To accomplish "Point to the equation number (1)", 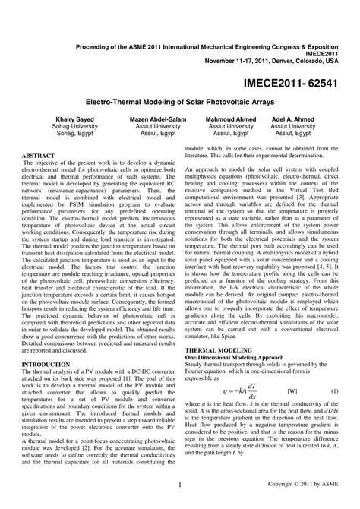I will click(334, 390).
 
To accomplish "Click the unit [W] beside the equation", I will click(292, 390).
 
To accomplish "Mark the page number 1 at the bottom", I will click(179, 483).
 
